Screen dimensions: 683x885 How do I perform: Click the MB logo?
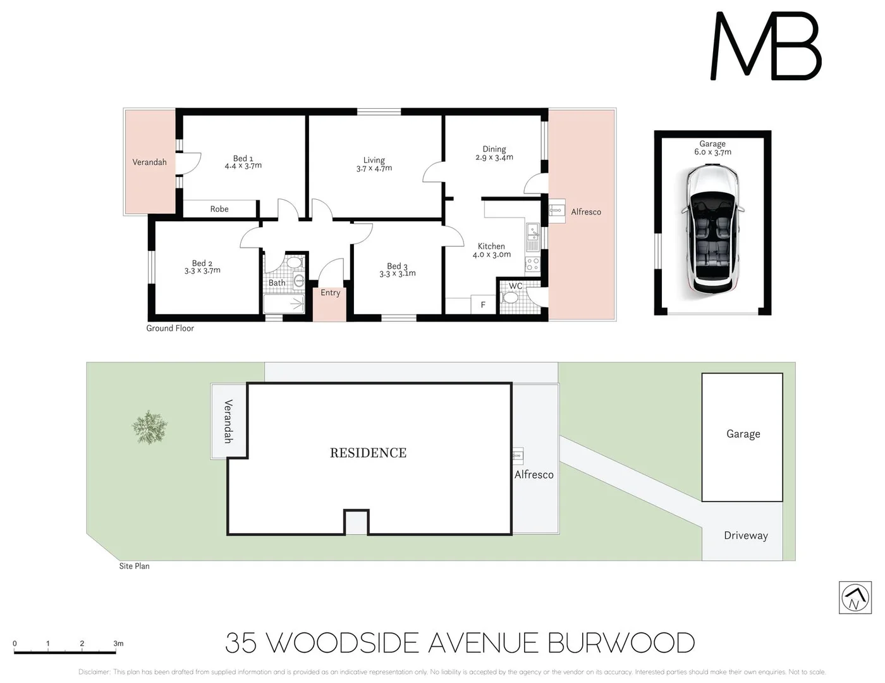(766, 47)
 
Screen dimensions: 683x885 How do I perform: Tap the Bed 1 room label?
(243, 159)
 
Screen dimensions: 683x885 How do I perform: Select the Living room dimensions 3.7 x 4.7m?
(374, 169)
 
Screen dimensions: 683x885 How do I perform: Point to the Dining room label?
(494, 149)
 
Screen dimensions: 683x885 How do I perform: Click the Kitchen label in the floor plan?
(491, 246)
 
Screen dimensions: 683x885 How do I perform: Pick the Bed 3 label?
(397, 266)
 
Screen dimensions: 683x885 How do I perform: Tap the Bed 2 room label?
(202, 263)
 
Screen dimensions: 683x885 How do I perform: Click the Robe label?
(219, 209)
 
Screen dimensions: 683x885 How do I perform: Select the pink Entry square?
(330, 304)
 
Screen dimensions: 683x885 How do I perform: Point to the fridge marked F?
(483, 305)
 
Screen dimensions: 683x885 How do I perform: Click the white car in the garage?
(713, 228)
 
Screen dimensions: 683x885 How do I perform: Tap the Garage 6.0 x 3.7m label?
(712, 148)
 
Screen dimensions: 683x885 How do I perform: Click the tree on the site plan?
(150, 428)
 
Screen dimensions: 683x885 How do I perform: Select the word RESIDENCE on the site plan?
(368, 453)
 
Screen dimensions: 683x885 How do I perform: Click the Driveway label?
(746, 536)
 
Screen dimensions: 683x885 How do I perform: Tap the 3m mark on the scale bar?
(118, 644)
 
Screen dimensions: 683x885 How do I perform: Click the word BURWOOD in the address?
(621, 643)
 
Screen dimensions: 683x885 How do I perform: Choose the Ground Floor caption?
(170, 328)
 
